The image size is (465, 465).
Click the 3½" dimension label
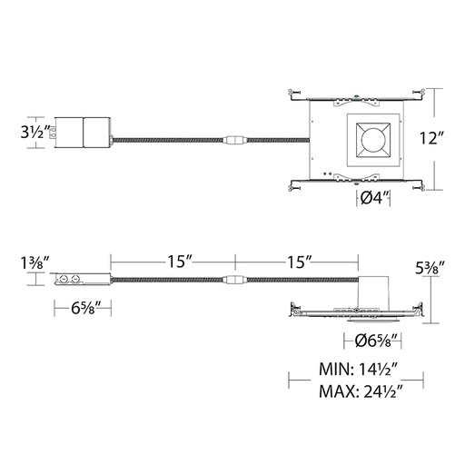(x=35, y=132)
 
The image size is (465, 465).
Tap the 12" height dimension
(x=431, y=138)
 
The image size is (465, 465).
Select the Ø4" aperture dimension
(x=374, y=198)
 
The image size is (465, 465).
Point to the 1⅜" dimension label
(x=35, y=262)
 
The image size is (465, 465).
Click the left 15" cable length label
(x=180, y=262)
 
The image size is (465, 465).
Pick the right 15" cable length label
(x=300, y=262)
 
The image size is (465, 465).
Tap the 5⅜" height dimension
(x=430, y=268)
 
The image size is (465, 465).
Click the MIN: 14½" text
(x=358, y=369)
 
